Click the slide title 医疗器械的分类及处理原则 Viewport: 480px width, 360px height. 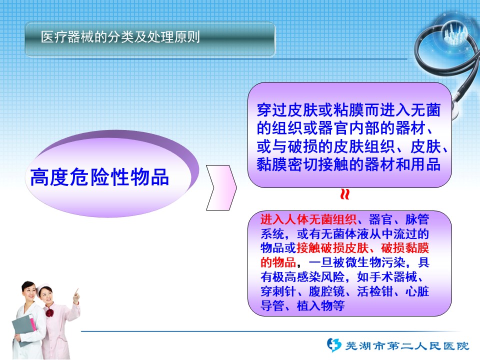120,37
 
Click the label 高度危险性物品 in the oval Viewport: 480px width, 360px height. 99,177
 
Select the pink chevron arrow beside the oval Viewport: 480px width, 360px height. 221,187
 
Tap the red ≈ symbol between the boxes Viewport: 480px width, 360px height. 345,194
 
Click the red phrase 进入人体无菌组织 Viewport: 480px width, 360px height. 308,219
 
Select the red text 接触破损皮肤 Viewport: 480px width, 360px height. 332,248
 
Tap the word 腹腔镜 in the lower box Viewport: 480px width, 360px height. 326,291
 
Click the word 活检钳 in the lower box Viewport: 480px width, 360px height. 375,291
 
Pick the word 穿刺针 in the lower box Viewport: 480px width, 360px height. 278,291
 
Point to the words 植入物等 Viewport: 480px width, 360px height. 321,305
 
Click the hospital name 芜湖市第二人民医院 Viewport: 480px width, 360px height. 407,346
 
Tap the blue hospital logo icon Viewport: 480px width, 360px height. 334,345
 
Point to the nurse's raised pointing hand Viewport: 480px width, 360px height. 76,296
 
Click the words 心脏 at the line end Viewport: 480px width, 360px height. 417,291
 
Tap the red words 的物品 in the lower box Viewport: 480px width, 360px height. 278,262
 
